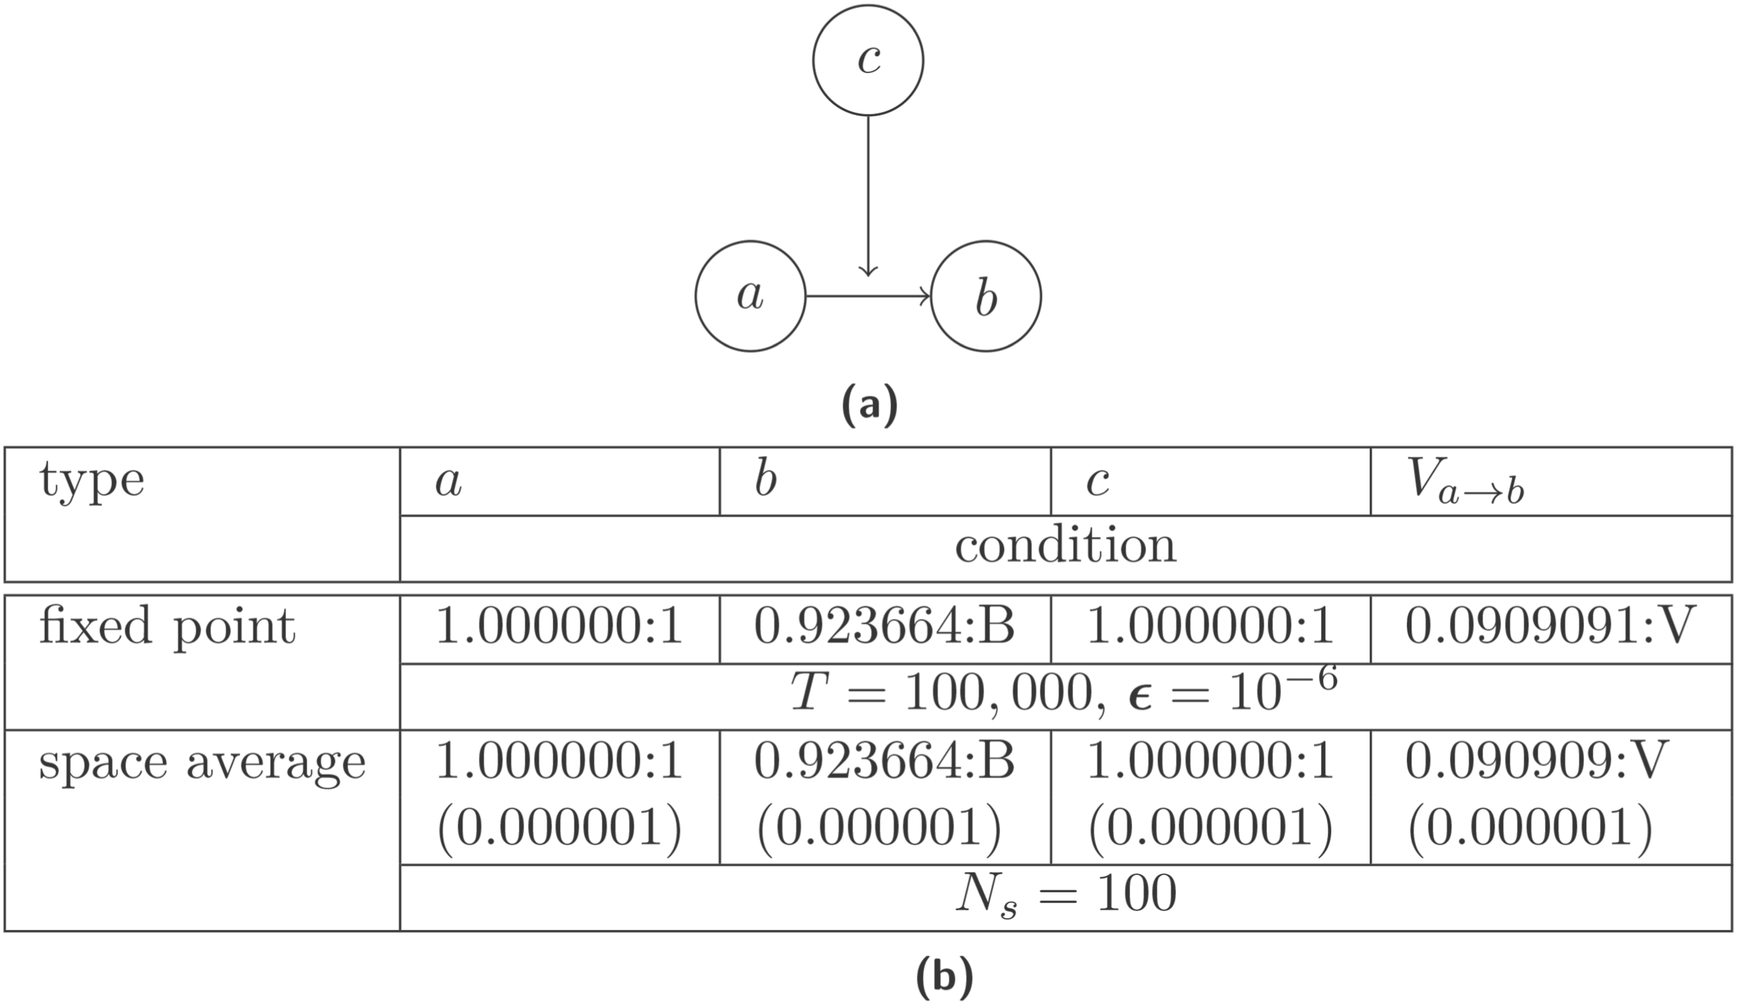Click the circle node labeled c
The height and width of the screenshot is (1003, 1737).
[x=867, y=60]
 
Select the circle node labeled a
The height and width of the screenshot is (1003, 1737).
[x=750, y=296]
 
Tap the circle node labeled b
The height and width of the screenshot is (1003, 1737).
[x=986, y=296]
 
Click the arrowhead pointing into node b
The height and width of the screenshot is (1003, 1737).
[x=925, y=296]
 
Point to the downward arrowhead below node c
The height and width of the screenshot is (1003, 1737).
[x=868, y=270]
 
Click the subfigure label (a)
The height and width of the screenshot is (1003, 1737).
[x=870, y=405]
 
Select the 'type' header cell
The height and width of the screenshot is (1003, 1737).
[x=92, y=480]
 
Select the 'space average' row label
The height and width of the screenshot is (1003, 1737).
[x=203, y=762]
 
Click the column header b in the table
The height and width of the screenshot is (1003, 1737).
[x=766, y=480]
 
